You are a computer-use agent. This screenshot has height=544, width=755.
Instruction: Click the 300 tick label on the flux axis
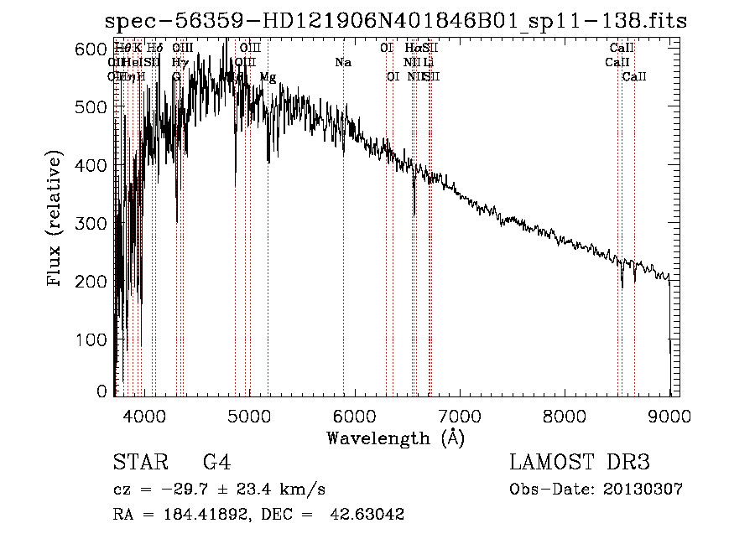94,224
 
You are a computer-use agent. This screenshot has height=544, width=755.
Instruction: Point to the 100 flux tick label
94,339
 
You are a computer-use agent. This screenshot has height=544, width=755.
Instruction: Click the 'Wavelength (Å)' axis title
395,438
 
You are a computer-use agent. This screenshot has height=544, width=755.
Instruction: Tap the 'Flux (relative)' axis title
55,220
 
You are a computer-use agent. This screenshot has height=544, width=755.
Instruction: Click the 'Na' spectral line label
342,63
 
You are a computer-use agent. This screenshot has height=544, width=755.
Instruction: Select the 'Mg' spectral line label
268,77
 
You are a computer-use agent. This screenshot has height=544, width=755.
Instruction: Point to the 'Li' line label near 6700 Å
428,63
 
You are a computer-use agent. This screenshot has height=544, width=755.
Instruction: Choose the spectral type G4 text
216,463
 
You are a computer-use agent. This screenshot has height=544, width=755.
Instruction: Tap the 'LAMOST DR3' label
580,463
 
